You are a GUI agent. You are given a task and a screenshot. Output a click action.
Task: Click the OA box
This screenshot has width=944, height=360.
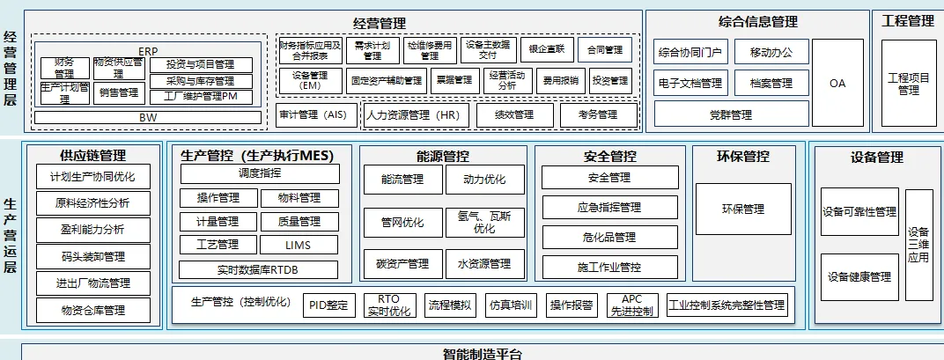pos(837,83)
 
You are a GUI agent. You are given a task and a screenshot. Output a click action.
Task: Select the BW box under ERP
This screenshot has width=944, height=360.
pos(148,117)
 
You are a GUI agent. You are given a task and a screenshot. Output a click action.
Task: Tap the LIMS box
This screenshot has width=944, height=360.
pos(299,245)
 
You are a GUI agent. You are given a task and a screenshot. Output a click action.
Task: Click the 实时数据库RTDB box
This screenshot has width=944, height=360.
pos(258,269)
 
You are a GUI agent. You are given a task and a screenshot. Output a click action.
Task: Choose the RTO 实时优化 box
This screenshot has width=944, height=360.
pos(387,305)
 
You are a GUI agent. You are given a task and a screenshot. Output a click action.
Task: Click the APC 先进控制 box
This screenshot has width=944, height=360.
pos(631,305)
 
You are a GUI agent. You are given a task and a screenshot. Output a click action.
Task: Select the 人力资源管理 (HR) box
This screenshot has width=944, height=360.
pos(414,114)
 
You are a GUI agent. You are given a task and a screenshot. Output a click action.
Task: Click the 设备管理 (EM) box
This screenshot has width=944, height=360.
pos(309,81)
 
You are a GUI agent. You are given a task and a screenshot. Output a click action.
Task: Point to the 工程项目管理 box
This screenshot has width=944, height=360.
pos(907,84)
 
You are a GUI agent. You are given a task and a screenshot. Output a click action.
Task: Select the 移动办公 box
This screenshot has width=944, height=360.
pos(771,52)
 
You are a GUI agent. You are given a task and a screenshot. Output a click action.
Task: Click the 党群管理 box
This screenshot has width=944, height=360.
pos(731,114)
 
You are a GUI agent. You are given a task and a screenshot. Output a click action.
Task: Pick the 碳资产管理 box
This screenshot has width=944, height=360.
pos(403,263)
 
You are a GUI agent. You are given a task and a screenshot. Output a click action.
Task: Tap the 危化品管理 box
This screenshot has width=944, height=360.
pos(609,237)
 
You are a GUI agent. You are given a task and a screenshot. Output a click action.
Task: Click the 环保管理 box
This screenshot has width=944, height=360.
pos(742,209)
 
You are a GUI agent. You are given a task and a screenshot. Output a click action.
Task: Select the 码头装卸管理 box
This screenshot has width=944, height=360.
pos(92,257)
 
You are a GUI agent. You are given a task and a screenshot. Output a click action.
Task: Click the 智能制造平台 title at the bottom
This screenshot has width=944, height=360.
pos(482,354)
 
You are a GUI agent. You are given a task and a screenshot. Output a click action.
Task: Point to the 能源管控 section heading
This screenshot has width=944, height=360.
pos(442,157)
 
